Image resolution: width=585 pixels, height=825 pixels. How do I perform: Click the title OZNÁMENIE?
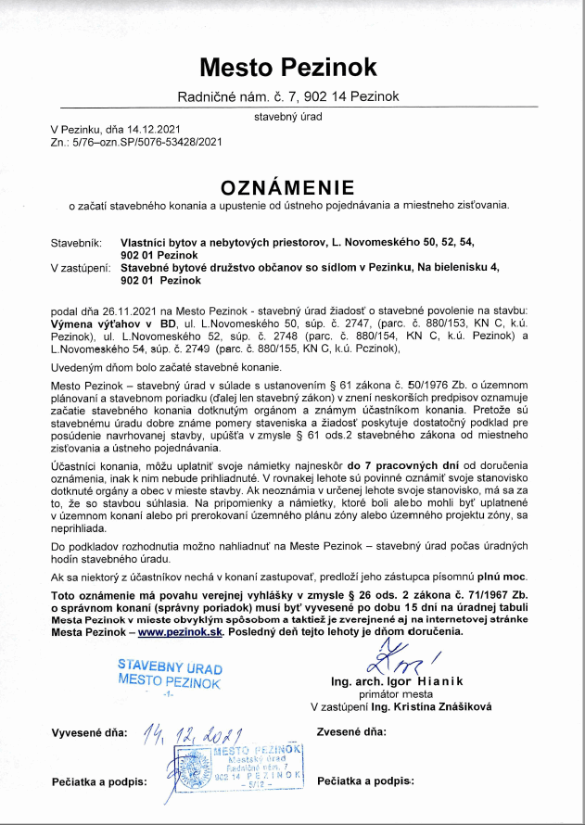(292, 184)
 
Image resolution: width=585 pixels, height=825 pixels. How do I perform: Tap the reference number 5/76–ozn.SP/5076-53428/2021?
(146, 142)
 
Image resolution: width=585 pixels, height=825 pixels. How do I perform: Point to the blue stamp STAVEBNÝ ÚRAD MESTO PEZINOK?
(169, 674)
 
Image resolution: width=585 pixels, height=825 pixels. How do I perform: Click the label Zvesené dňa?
(350, 731)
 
